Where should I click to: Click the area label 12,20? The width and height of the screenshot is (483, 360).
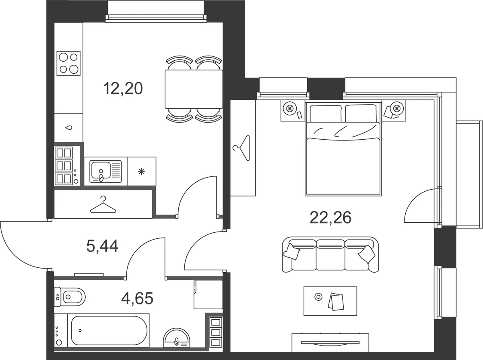click(123, 89)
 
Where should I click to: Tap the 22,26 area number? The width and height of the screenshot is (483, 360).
click(330, 217)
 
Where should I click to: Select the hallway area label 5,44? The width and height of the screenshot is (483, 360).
click(102, 246)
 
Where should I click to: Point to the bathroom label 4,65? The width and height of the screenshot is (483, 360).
click(137, 298)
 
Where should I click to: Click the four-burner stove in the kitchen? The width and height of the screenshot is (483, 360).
click(68, 63)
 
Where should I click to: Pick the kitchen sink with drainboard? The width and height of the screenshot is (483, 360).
click(105, 172)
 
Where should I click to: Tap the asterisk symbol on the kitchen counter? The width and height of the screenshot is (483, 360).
click(142, 172)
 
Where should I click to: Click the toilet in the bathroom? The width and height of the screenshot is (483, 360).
click(70, 297)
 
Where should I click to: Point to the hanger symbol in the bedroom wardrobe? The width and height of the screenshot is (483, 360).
click(242, 148)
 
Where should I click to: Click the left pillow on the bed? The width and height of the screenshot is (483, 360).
click(326, 113)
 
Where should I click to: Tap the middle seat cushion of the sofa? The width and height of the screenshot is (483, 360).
click(330, 255)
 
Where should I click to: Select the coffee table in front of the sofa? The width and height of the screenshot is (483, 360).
click(330, 301)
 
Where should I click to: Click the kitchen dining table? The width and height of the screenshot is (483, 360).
click(194, 89)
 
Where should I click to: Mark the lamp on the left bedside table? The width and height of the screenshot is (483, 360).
click(290, 108)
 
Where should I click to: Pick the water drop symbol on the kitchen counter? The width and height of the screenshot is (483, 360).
click(69, 128)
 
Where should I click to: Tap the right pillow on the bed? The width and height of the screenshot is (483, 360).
click(361, 113)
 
